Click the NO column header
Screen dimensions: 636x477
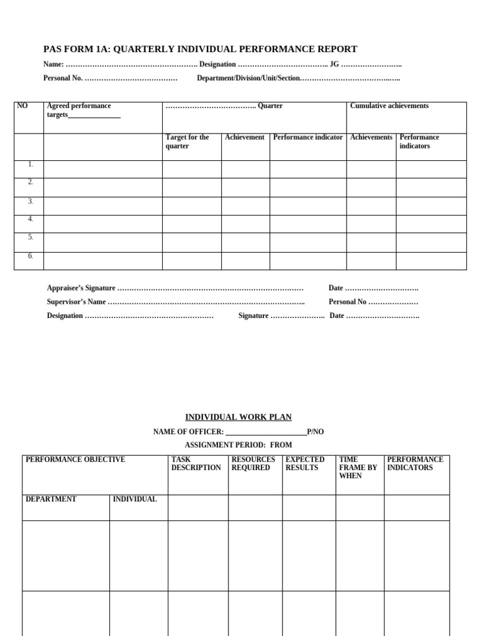pos(22,106)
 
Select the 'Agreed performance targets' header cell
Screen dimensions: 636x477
pos(83,111)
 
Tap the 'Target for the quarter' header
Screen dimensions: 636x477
pos(187,142)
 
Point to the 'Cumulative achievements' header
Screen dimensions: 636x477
pos(389,106)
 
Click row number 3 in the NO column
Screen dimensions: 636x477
pos(30,201)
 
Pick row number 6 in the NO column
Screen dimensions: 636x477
pos(30,256)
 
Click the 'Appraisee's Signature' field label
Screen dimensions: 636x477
pos(81,288)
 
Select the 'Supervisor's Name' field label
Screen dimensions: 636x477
pos(76,302)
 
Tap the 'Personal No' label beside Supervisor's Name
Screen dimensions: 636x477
pos(347,302)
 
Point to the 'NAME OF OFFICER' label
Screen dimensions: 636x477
pos(188,432)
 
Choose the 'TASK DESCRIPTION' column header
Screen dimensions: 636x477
pos(196,464)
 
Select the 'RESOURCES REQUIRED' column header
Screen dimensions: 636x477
pos(253,464)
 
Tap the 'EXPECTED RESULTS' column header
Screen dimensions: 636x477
pos(304,464)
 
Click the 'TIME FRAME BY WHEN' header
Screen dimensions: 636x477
pos(358,468)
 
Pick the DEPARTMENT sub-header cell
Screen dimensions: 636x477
pos(51,499)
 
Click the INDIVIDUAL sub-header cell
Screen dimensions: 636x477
pos(135,499)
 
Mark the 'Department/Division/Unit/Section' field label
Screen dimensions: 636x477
pos(248,78)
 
